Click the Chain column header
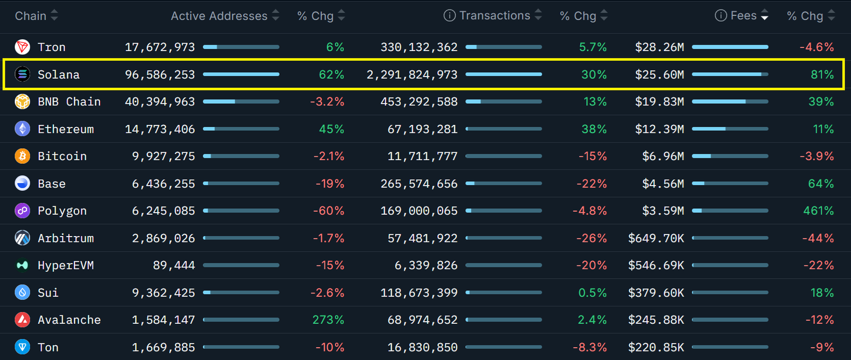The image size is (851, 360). (31, 16)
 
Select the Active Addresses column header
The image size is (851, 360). (219, 16)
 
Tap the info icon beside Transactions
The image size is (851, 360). (449, 16)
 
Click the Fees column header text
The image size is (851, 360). (744, 16)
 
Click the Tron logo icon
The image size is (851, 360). (22, 47)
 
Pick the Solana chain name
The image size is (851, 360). (59, 74)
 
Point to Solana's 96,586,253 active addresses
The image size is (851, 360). (160, 74)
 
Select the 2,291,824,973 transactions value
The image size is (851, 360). (412, 74)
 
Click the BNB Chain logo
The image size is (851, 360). (22, 102)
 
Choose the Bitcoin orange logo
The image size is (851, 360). (22, 156)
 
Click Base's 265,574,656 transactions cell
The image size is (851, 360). (419, 184)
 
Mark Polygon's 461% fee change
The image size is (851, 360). (819, 211)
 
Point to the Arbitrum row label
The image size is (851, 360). (65, 238)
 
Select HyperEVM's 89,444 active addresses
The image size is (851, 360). (174, 265)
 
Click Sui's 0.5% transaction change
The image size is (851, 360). (593, 293)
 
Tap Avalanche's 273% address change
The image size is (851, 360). (328, 320)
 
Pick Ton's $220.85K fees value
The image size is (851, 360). (656, 348)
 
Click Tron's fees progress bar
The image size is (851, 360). (730, 47)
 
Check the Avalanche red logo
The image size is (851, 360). (22, 320)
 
